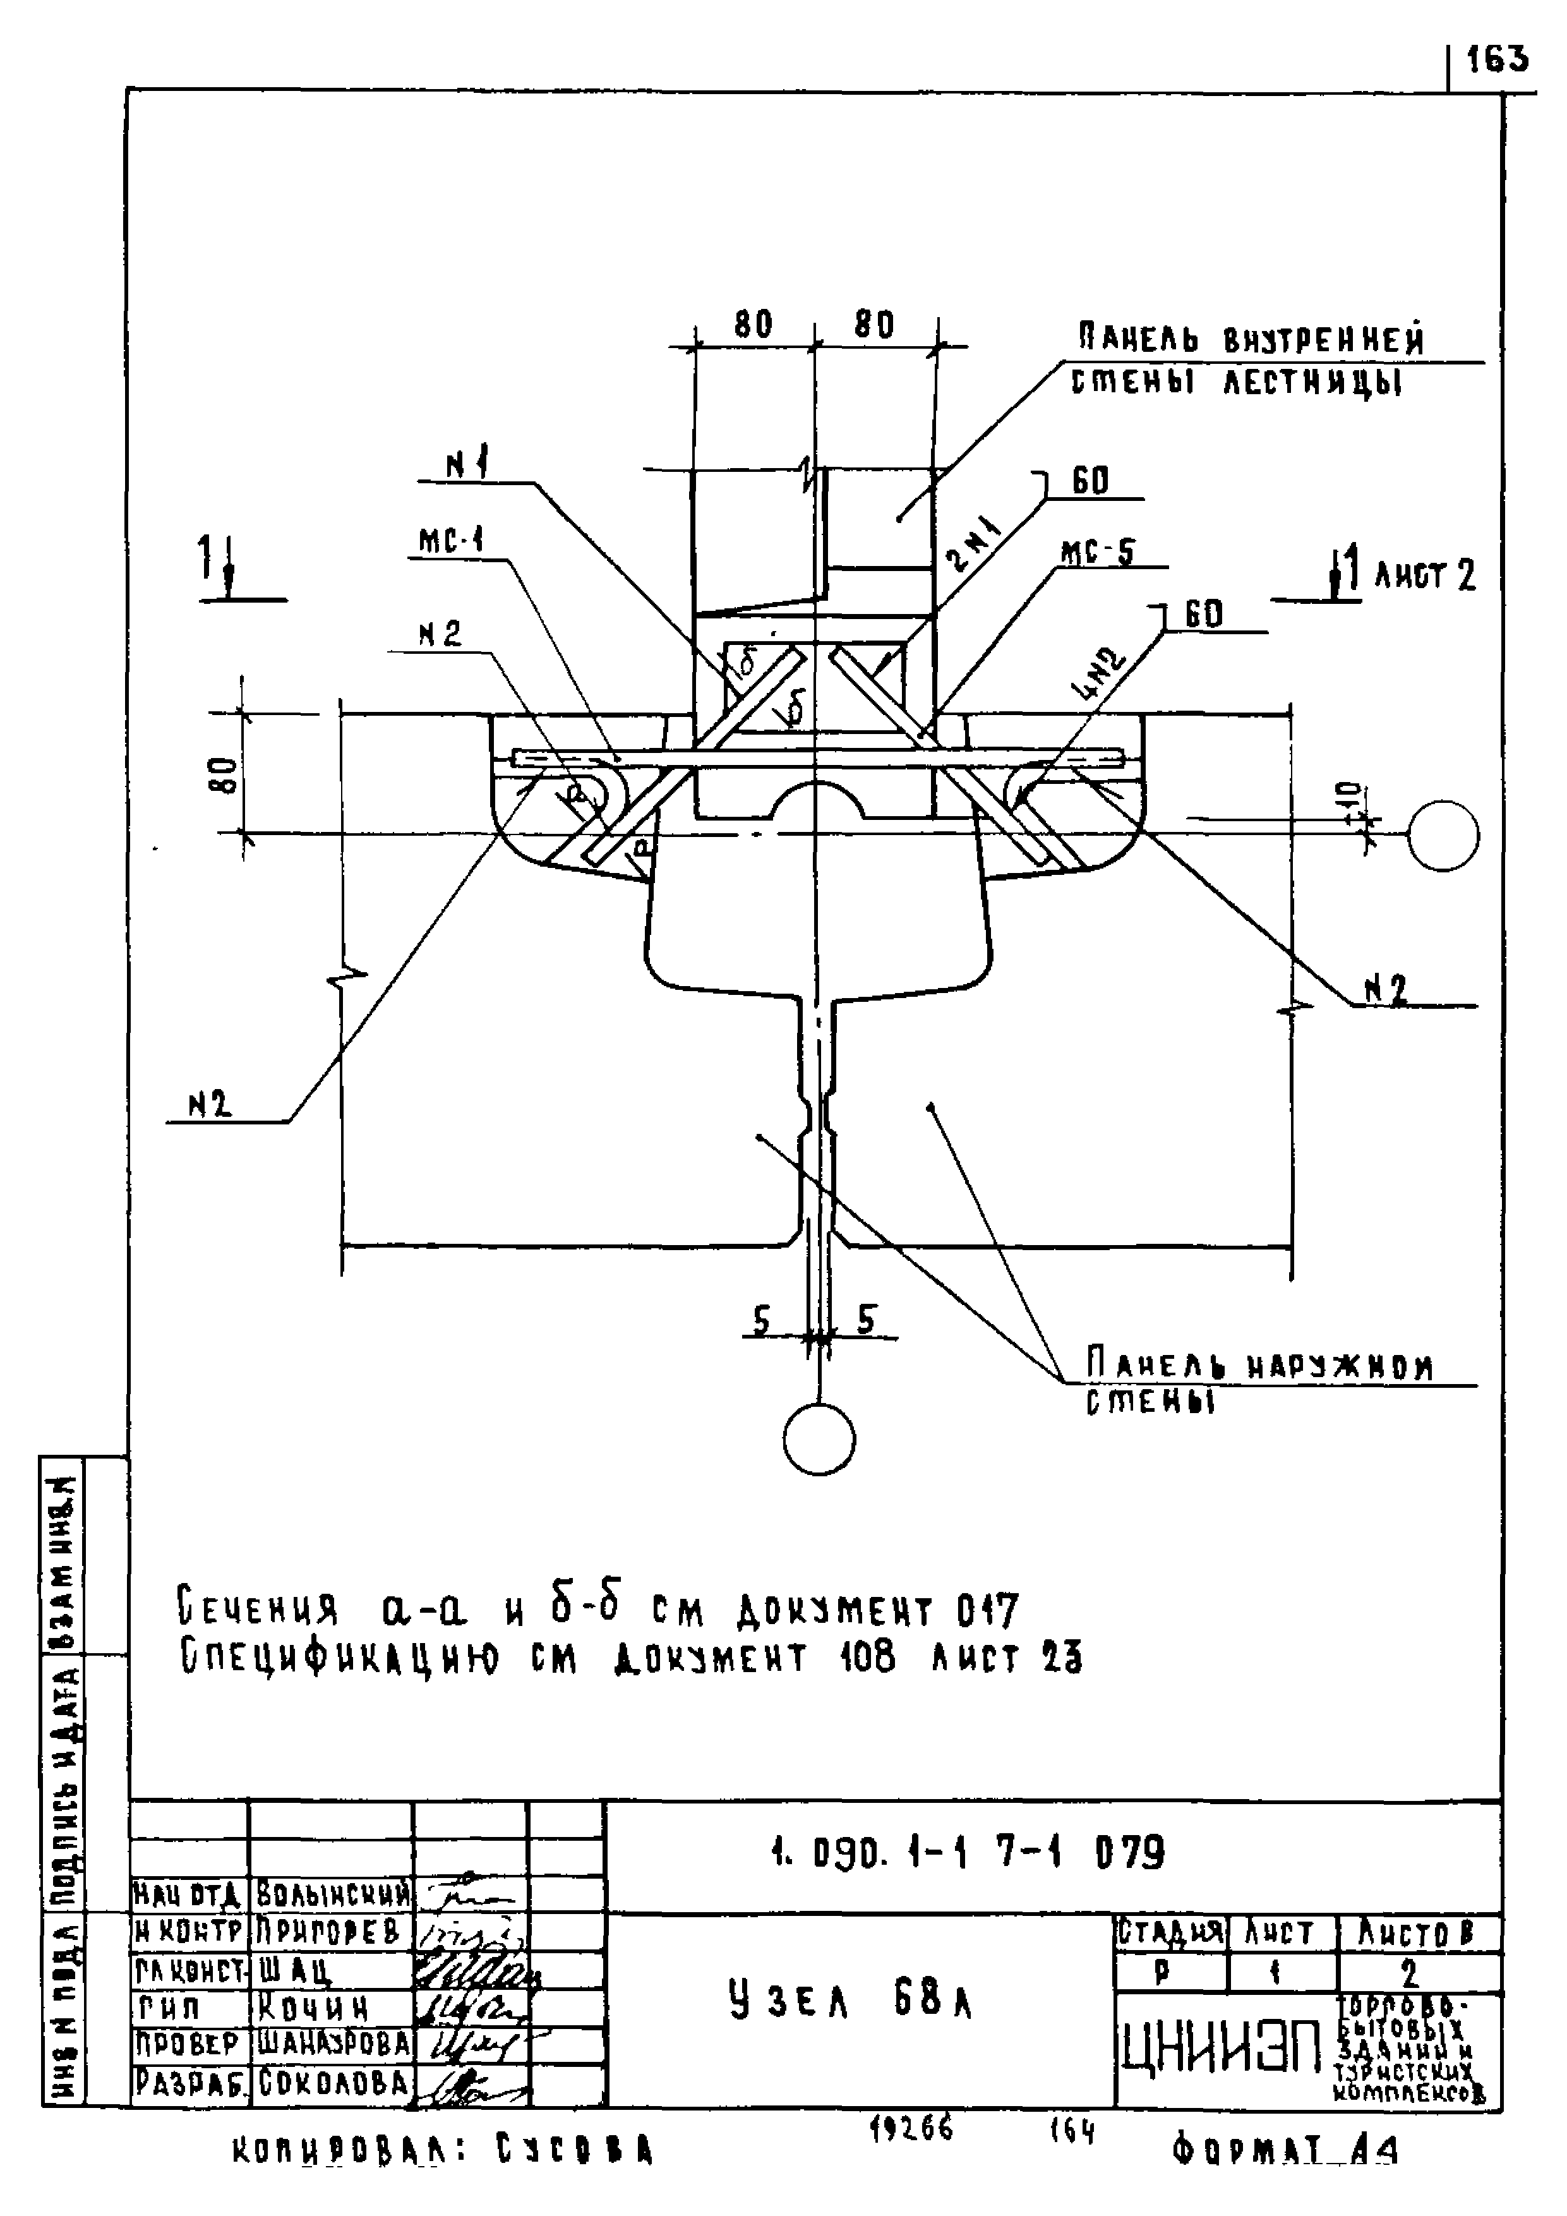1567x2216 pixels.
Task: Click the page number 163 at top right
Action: (x=1499, y=61)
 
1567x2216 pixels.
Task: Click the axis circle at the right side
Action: (x=1443, y=836)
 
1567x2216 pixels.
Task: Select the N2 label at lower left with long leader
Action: (x=210, y=1105)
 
